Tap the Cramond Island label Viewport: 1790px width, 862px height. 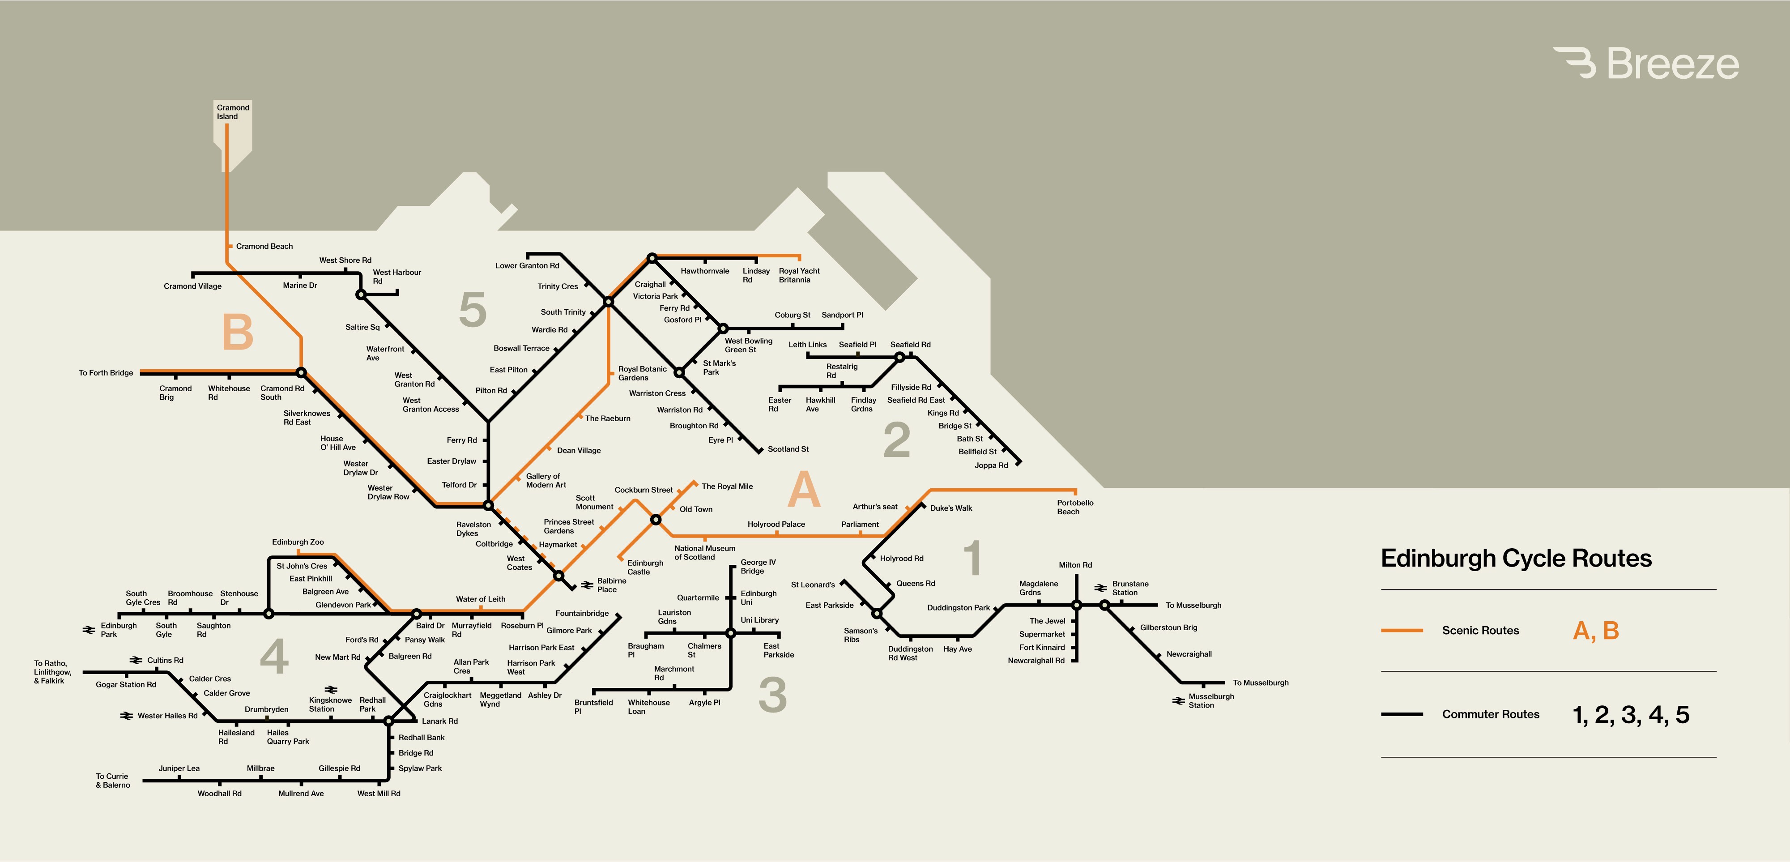pyautogui.click(x=232, y=112)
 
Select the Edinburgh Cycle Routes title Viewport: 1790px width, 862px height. pyautogui.click(x=1516, y=558)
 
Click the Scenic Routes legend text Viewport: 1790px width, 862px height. pyautogui.click(x=1480, y=631)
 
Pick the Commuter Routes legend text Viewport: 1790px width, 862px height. pyautogui.click(x=1491, y=714)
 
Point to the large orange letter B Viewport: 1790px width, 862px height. pyautogui.click(x=237, y=332)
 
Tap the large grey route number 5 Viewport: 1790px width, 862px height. pyautogui.click(x=473, y=309)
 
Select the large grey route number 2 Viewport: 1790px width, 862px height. pyautogui.click(x=896, y=440)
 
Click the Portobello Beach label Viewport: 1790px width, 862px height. pyautogui.click(x=1074, y=507)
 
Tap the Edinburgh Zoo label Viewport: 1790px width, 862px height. pyautogui.click(x=298, y=542)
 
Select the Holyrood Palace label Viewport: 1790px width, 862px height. pyautogui.click(x=776, y=524)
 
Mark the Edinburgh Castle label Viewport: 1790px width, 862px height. pyautogui.click(x=645, y=567)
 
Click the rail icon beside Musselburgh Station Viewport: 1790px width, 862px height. pyautogui.click(x=1178, y=701)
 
